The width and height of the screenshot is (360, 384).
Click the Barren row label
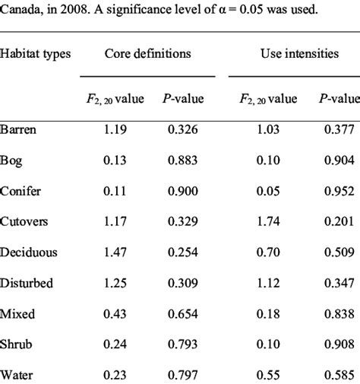tap(19, 129)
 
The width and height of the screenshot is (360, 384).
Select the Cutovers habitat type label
tap(24, 221)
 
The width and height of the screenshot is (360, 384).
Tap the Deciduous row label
tap(29, 252)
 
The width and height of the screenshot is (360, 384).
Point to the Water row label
tap(17, 374)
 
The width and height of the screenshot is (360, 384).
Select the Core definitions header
tap(147, 54)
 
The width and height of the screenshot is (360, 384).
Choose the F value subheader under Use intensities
tap(264, 98)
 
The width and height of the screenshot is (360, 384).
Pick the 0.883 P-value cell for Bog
tap(183, 160)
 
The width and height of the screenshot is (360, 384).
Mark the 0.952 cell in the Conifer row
tap(338, 190)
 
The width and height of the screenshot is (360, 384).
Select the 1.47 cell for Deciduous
tap(117, 252)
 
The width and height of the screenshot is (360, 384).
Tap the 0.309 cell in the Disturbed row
tap(183, 282)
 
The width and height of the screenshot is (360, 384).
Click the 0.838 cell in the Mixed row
tap(338, 313)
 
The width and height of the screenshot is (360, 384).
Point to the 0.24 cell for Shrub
tap(117, 344)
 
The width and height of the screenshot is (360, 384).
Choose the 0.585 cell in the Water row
tap(338, 374)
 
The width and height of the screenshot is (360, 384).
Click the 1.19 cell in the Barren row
tap(117, 129)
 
